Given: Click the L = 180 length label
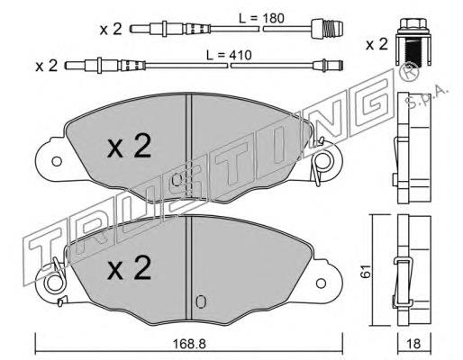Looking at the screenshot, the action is [x=261, y=19].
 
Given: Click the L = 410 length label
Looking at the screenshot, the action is [x=229, y=55].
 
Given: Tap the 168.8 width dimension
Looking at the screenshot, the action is [x=189, y=345].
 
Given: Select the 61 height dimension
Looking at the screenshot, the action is [x=366, y=272].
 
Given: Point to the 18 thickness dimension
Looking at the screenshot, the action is [x=414, y=344].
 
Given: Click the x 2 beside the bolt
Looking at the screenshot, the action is [x=377, y=45].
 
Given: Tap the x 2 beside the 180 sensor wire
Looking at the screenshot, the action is [x=111, y=30].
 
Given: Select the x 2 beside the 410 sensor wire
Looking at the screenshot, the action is [x=46, y=66].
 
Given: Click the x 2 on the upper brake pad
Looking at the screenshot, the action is [x=129, y=146].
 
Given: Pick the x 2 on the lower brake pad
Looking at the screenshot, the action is [x=129, y=268].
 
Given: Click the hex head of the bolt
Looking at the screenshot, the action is [x=413, y=23].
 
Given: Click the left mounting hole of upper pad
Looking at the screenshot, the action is [x=57, y=161].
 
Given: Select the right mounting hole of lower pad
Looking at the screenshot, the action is [x=321, y=283].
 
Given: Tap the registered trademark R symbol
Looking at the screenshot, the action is [x=410, y=71].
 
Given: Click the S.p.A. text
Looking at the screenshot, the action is [x=427, y=97].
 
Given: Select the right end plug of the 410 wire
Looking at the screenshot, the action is [x=328, y=66].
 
